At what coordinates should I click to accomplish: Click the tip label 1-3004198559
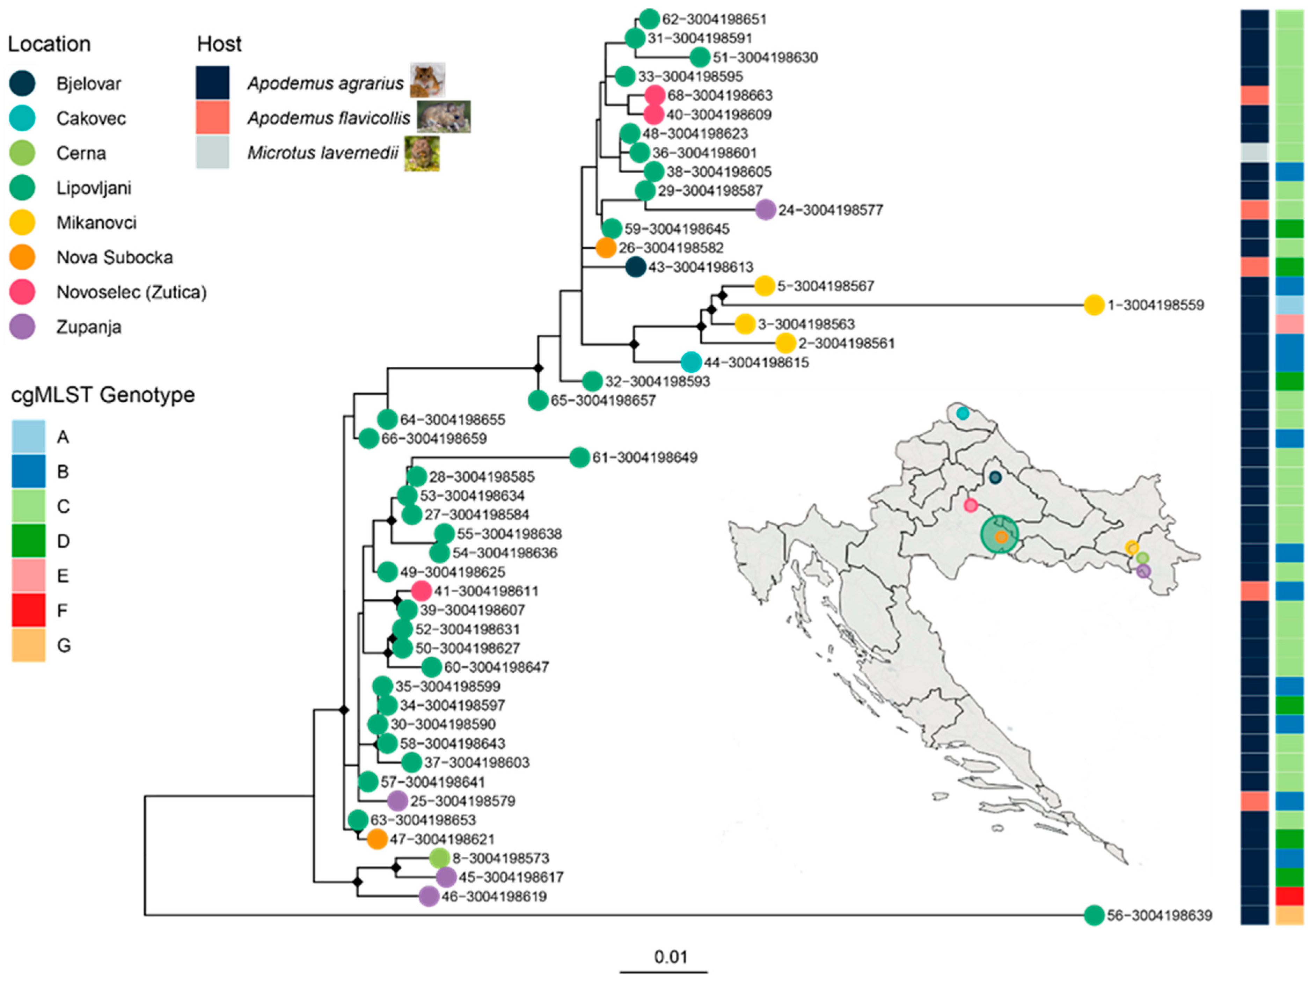[1155, 305]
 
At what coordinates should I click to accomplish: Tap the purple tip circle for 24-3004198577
[766, 210]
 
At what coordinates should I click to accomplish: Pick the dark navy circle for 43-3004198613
[635, 267]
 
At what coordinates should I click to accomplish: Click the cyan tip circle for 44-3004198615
[691, 362]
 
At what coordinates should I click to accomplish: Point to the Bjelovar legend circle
[22, 83]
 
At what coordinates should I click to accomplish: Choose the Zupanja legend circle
[22, 327]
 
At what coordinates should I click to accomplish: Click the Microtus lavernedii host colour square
[212, 152]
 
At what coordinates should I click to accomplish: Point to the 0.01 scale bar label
[671, 957]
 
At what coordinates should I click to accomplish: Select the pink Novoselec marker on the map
[970, 505]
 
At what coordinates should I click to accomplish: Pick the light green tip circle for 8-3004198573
[439, 858]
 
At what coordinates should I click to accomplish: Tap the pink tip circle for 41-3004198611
[421, 591]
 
